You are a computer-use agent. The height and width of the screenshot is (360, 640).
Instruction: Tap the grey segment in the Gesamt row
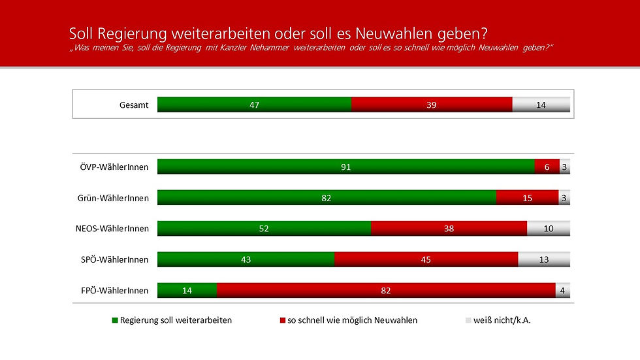(x=541, y=105)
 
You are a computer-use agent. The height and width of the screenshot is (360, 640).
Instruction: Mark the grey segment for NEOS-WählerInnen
(x=548, y=228)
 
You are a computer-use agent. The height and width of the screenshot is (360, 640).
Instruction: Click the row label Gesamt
(x=135, y=105)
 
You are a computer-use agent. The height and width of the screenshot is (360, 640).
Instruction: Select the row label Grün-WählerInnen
(x=112, y=197)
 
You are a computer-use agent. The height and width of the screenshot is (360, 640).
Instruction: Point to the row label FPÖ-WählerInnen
(x=114, y=290)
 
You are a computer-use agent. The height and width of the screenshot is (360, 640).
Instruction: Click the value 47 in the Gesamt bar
(x=254, y=105)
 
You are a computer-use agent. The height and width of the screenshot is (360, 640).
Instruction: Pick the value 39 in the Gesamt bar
(x=431, y=105)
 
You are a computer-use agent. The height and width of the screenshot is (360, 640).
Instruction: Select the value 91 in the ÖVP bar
(x=345, y=167)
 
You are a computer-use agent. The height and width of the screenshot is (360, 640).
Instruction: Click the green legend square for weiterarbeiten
(x=116, y=321)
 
